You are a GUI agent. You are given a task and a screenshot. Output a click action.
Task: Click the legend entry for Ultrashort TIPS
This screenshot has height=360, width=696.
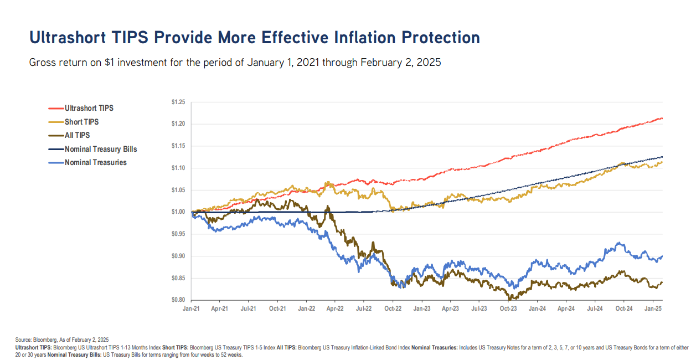[x=89, y=108]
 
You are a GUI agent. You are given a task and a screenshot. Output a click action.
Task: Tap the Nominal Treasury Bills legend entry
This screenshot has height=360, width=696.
[x=100, y=149]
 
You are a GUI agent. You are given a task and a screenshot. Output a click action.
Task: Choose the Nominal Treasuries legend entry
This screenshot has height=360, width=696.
[x=95, y=162]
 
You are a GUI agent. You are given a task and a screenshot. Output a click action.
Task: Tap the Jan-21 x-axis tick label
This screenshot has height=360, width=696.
[x=191, y=307]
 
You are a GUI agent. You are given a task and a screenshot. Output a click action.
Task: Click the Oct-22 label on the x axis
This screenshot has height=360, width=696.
[x=393, y=307]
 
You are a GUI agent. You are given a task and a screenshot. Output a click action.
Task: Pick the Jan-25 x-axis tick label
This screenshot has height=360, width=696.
[x=654, y=307]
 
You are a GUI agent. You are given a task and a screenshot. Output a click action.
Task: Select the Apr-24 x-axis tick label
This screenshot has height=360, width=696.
[x=566, y=307]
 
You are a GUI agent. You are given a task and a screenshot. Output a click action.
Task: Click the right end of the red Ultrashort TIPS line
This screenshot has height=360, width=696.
[x=662, y=119]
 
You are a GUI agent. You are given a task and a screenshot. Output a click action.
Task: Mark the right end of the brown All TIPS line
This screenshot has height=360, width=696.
[x=662, y=282]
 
